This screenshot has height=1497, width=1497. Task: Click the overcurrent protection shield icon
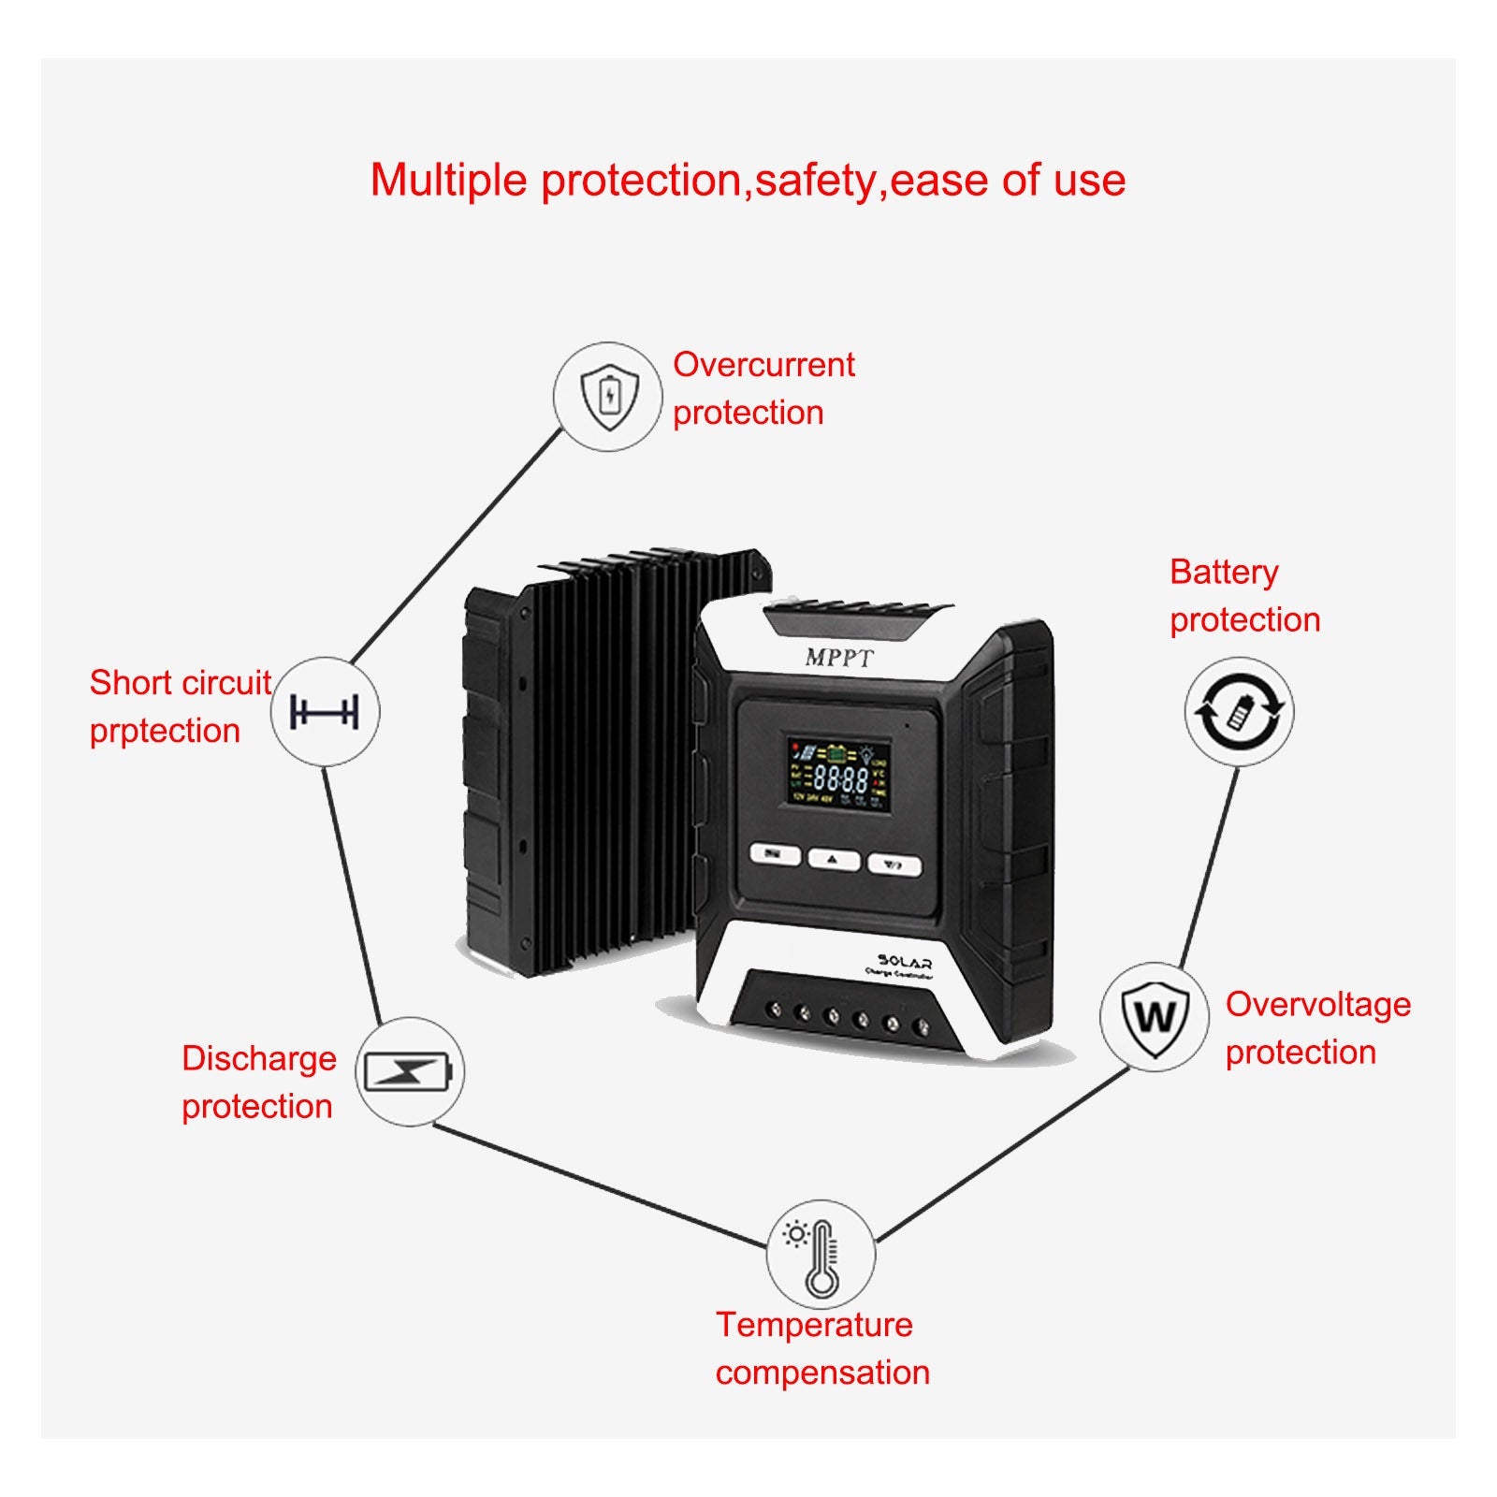tap(609, 397)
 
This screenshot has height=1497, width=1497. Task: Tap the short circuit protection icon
tap(325, 712)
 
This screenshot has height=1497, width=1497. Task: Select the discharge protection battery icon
tap(409, 1072)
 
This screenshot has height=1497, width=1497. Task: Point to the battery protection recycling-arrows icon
tap(1239, 712)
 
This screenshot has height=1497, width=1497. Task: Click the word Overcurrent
tap(763, 365)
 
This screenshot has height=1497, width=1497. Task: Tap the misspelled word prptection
tap(165, 731)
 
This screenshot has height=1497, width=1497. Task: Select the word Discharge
tap(259, 1058)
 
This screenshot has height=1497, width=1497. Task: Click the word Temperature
tap(814, 1325)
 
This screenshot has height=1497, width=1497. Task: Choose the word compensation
tap(822, 1373)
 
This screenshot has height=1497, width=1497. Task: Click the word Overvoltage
tap(1317, 1004)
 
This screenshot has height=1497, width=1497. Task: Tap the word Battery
tap(1223, 572)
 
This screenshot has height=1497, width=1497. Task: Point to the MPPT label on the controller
tap(839, 658)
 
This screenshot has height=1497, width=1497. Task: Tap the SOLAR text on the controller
tap(904, 962)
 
